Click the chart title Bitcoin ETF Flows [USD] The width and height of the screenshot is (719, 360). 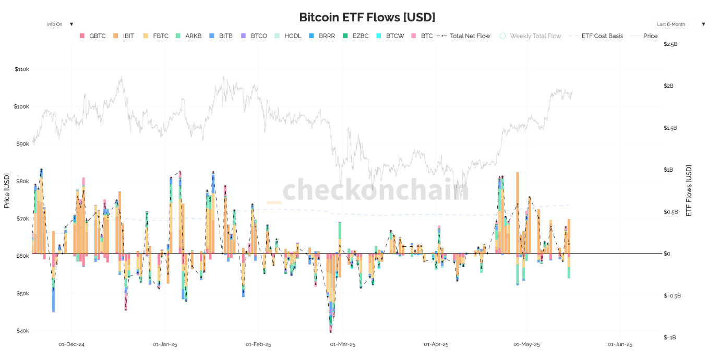[367, 17]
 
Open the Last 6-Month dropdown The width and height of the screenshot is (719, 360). [681, 25]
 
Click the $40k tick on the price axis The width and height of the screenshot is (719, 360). [22, 331]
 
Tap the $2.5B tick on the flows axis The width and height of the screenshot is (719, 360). [670, 44]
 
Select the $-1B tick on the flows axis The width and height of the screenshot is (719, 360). [670, 338]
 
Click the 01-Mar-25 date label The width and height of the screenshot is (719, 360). [342, 344]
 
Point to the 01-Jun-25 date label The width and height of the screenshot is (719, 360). [620, 344]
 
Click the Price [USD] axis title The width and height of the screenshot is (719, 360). [7, 190]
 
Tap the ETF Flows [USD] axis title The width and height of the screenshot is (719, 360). [689, 190]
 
